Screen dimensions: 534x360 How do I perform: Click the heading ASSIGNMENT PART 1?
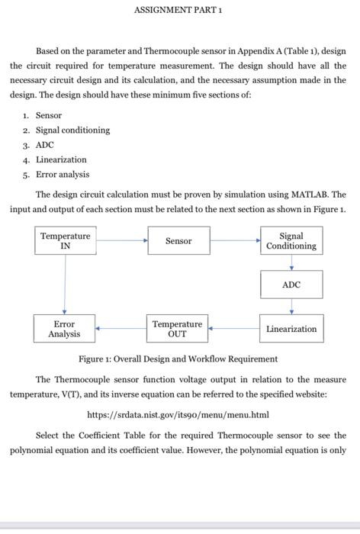178,10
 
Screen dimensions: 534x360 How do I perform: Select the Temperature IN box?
65,241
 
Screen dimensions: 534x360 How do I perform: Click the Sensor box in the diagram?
178,241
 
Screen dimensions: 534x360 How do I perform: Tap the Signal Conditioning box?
291,241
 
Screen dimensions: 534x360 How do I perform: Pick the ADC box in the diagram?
291,285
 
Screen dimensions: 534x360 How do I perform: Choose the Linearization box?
291,329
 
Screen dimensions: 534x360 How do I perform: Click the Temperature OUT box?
177,329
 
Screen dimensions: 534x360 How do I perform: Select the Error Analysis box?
65,329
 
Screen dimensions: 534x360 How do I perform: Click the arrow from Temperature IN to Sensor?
122,240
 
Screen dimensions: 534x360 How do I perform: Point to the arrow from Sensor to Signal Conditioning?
235,240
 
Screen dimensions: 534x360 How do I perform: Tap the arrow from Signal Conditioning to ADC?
291,262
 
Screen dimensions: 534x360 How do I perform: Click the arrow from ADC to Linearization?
291,307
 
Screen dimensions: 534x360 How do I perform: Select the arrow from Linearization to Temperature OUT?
233,329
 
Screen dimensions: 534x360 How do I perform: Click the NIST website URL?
178,415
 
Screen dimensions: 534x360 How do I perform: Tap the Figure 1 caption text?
178,359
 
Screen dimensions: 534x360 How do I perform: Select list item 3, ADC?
45,145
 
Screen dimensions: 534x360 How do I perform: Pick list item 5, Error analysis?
62,175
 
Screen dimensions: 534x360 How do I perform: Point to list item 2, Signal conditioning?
72,130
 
